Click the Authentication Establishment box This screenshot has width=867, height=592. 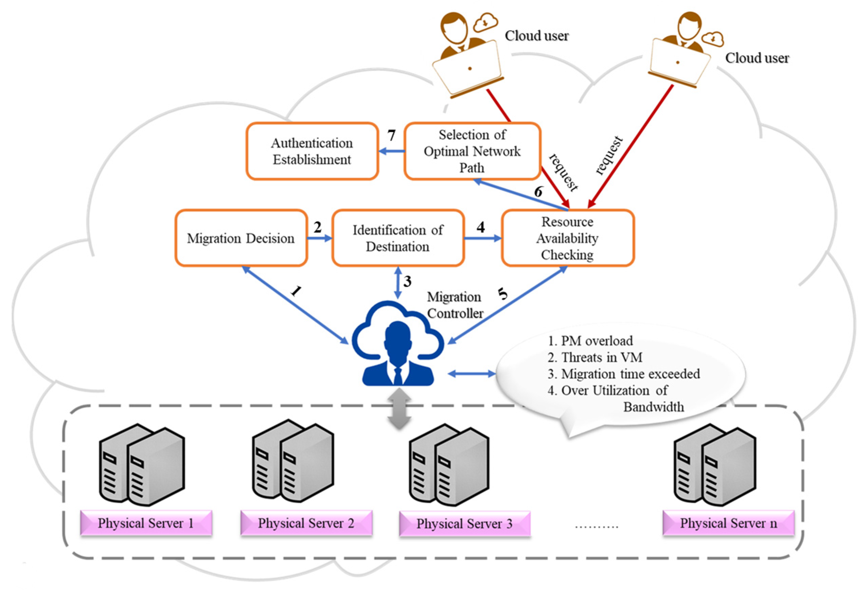(312, 151)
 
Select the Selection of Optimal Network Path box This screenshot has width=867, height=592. (472, 151)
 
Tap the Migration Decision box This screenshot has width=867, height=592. (241, 238)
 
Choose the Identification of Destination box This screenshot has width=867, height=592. (398, 238)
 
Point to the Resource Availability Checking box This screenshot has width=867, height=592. (567, 238)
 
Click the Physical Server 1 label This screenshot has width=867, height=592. (146, 523)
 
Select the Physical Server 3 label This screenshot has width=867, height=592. (464, 524)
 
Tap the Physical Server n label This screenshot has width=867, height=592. (728, 523)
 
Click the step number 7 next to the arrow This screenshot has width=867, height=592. (391, 136)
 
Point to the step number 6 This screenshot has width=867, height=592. (538, 192)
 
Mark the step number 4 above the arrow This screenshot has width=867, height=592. (480, 227)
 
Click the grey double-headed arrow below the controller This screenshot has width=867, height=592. (399, 409)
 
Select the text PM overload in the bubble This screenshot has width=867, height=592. (597, 341)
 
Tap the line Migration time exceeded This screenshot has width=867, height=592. (631, 374)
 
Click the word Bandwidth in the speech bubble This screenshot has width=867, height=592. (654, 407)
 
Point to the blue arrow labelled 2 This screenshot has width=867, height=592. (320, 238)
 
